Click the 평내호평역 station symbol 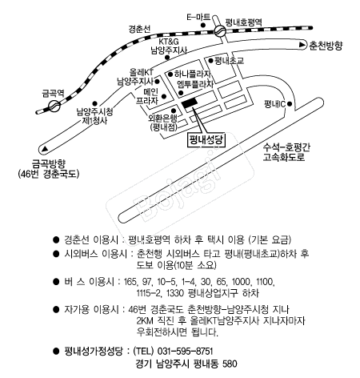(x=220, y=30)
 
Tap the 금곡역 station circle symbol (x=54, y=107)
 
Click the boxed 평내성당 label (x=206, y=140)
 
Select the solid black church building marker (x=190, y=103)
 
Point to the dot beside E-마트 (x=203, y=26)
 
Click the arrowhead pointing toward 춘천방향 (x=302, y=46)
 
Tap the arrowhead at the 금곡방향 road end (x=45, y=149)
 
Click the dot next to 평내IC (x=290, y=104)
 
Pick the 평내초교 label (x=230, y=61)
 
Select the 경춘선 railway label (x=139, y=29)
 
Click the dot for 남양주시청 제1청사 (x=94, y=103)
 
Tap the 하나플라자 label (x=193, y=74)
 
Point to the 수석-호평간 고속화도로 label (x=286, y=152)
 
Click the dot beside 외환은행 (x=174, y=111)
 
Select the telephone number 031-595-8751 (x=186, y=351)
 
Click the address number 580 (x=230, y=364)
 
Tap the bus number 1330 (x=175, y=293)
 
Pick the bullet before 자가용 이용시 (x=56, y=310)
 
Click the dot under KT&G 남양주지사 (x=167, y=58)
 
